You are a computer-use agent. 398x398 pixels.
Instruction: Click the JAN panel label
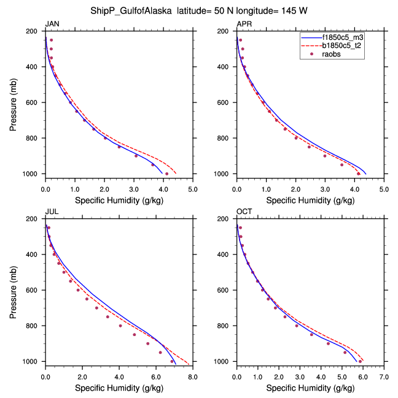pyautogui.click(x=52, y=24)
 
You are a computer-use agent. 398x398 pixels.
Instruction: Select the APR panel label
pyautogui.click(x=244, y=24)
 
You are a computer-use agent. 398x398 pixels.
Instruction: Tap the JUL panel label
pyautogui.click(x=51, y=212)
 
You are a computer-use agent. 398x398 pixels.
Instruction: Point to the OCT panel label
pyautogui.click(x=244, y=212)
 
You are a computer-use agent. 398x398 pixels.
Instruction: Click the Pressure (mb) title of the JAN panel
pyautogui.click(x=14, y=102)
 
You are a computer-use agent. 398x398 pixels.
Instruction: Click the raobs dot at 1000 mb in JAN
pyautogui.click(x=166, y=174)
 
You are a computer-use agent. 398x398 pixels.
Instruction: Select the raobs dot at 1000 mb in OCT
pyautogui.click(x=360, y=361)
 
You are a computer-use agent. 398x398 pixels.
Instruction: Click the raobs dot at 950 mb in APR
pyautogui.click(x=342, y=164)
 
